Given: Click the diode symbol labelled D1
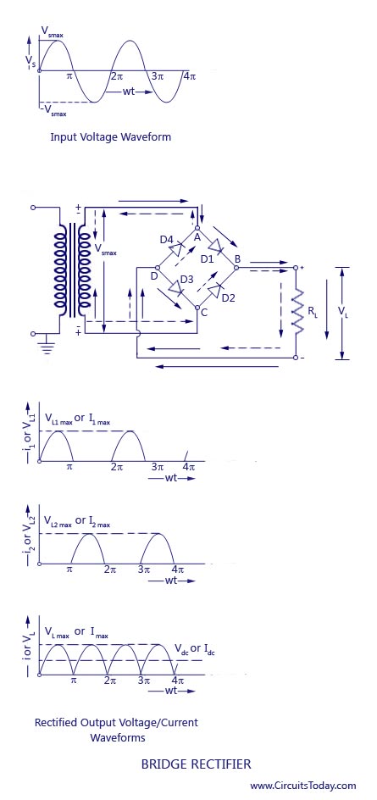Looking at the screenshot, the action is tap(217, 246).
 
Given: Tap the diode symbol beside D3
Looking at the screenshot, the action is tap(176, 289).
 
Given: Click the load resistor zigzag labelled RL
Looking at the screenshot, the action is tap(297, 311).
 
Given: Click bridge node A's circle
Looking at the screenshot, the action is tap(197, 228).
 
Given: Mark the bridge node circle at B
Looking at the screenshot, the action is tap(236, 267).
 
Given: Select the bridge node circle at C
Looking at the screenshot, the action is tap(197, 308).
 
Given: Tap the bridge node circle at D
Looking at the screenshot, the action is tap(157, 267).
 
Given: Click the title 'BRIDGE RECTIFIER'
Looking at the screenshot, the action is tap(196, 764).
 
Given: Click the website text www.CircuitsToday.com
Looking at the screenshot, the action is tap(303, 786).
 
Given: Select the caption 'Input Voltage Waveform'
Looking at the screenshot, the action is tap(110, 137).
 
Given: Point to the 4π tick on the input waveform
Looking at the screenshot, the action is tap(190, 76).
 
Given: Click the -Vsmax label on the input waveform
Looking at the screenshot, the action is tap(54, 109).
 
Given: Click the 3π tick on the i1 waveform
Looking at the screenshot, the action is tap(157, 467).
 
